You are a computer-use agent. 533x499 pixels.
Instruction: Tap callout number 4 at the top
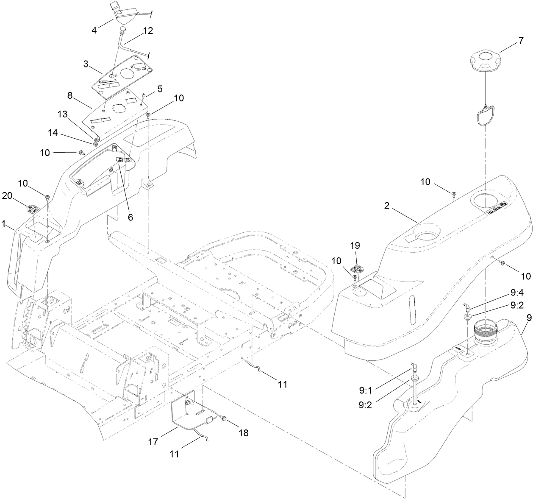94,30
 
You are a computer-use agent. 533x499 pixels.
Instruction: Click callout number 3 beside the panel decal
86,64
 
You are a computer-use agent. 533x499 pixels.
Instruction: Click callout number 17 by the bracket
153,442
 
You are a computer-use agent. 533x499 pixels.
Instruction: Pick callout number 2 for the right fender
386,205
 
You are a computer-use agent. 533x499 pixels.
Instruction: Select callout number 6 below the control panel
130,217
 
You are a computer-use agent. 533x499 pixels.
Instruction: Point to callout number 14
53,133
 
